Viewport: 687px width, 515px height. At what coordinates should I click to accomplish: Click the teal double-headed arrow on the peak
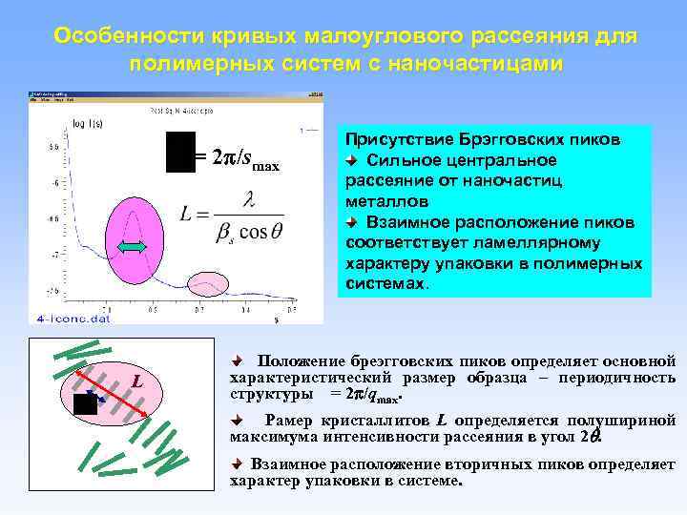[134, 247]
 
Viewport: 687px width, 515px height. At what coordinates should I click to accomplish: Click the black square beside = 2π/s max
[179, 153]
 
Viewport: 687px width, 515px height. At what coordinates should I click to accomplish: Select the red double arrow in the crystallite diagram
[119, 392]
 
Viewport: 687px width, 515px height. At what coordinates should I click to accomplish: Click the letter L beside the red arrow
[137, 381]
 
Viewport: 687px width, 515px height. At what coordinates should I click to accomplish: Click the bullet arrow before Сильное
[351, 159]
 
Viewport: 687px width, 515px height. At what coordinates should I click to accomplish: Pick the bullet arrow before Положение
[239, 361]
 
